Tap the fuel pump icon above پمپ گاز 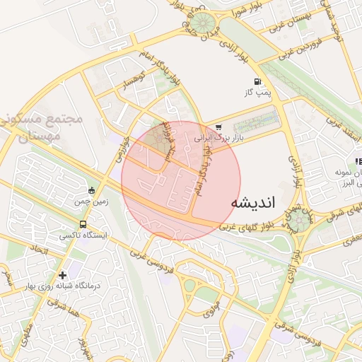point(255,81)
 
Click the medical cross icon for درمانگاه point(63,274)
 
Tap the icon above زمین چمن point(90,191)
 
